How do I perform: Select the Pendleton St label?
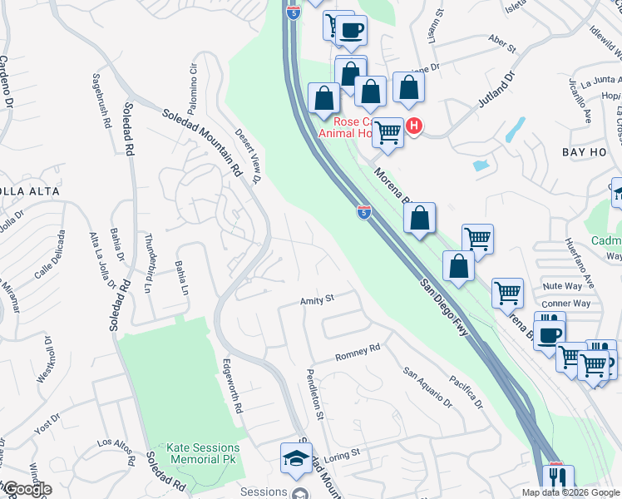pos(314,393)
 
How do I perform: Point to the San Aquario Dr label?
pos(427,388)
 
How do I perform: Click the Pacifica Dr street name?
pos(466,392)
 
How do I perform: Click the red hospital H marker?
pos(413,126)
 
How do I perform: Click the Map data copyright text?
pos(570,492)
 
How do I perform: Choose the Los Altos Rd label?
pos(116,450)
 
